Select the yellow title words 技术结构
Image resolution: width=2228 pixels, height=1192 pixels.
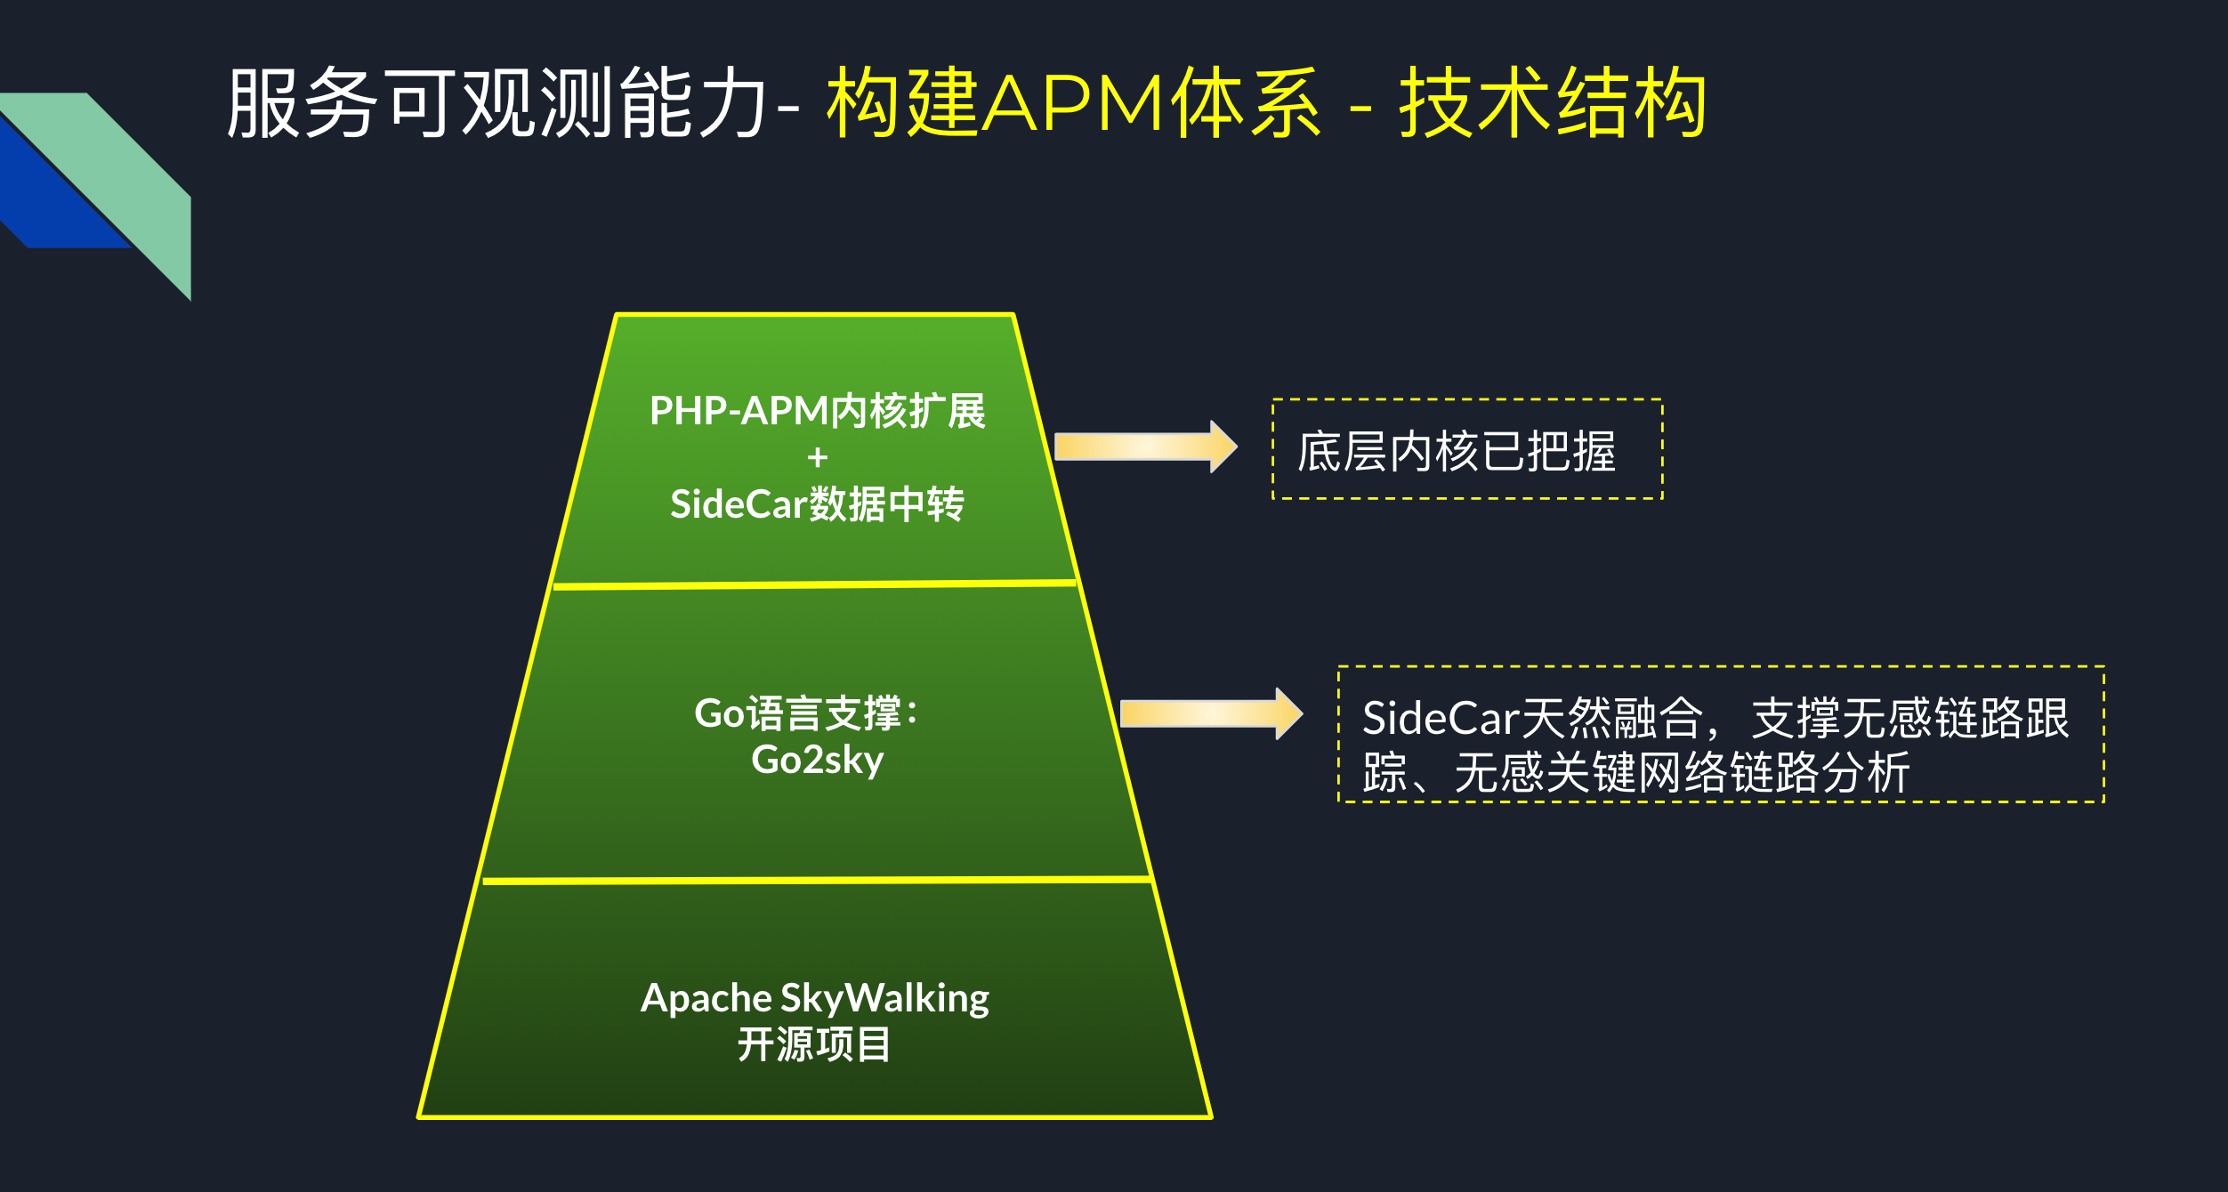pos(1553,103)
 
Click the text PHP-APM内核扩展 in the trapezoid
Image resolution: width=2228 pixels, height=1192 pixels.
pos(817,411)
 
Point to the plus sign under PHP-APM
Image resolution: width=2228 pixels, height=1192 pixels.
pos(817,458)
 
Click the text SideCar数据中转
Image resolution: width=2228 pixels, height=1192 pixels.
pos(817,504)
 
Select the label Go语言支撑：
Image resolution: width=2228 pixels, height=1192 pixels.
pos(806,713)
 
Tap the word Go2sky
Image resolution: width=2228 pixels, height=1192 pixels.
pos(817,760)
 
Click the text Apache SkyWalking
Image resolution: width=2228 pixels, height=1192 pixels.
pos(814,998)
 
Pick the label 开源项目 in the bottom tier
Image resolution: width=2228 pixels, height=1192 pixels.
pos(813,1044)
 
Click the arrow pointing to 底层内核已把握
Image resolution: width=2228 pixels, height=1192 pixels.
pos(1144,447)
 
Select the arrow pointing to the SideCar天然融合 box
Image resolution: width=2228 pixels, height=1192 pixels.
pos(1210,713)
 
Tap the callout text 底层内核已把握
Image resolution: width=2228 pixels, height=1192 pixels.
pos(1457,451)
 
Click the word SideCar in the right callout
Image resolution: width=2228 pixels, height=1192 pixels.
pos(1441,718)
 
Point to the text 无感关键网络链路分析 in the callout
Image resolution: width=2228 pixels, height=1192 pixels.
pos(1682,772)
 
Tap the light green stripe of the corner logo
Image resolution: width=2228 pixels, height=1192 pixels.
pos(133,178)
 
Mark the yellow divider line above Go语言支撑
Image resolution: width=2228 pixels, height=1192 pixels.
pos(814,584)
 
